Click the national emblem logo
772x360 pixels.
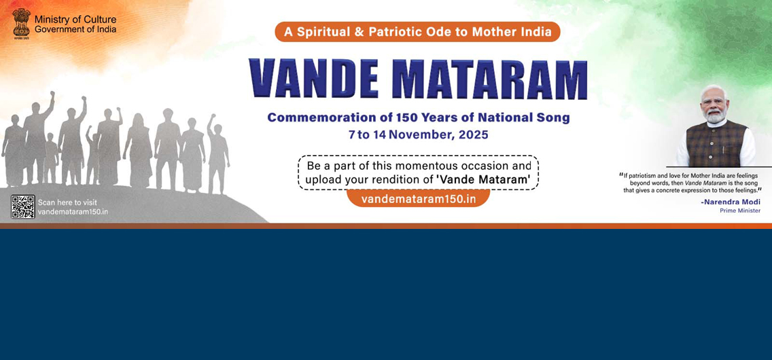21,24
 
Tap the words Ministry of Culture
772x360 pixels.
75,20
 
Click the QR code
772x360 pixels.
22,206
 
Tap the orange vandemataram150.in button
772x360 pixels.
419,199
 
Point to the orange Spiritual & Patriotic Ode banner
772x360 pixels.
417,32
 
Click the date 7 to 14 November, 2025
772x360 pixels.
419,134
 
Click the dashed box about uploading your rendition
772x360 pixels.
418,173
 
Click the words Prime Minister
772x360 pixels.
740,211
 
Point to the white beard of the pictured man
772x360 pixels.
715,116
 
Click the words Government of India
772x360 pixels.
75,29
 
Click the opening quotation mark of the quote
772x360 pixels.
621,174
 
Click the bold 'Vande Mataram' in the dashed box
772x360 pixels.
483,180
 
